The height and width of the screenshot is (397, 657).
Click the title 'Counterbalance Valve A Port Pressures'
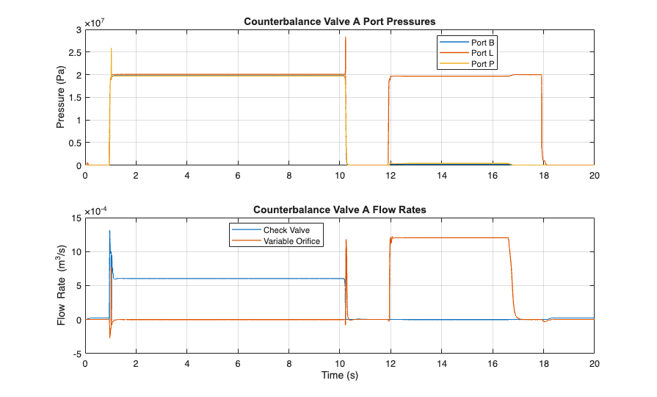click(x=340, y=21)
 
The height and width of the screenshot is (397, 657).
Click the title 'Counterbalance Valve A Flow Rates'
click(x=340, y=210)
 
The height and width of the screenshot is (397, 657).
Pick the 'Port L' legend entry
click(x=482, y=53)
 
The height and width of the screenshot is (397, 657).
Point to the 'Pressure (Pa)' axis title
click(x=62, y=98)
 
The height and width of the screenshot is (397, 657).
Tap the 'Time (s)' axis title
click(x=340, y=375)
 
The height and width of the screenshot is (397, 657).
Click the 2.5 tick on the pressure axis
click(x=75, y=52)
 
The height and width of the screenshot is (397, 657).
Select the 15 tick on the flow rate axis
click(x=76, y=218)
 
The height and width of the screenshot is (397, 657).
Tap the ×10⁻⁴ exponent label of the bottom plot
click(x=98, y=211)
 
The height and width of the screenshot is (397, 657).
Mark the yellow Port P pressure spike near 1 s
click(x=111, y=49)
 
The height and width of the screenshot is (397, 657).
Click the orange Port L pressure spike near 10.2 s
click(x=345, y=37)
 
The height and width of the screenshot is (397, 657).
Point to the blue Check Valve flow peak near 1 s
click(x=109, y=231)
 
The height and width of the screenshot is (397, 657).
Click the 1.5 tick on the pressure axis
click(x=75, y=98)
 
